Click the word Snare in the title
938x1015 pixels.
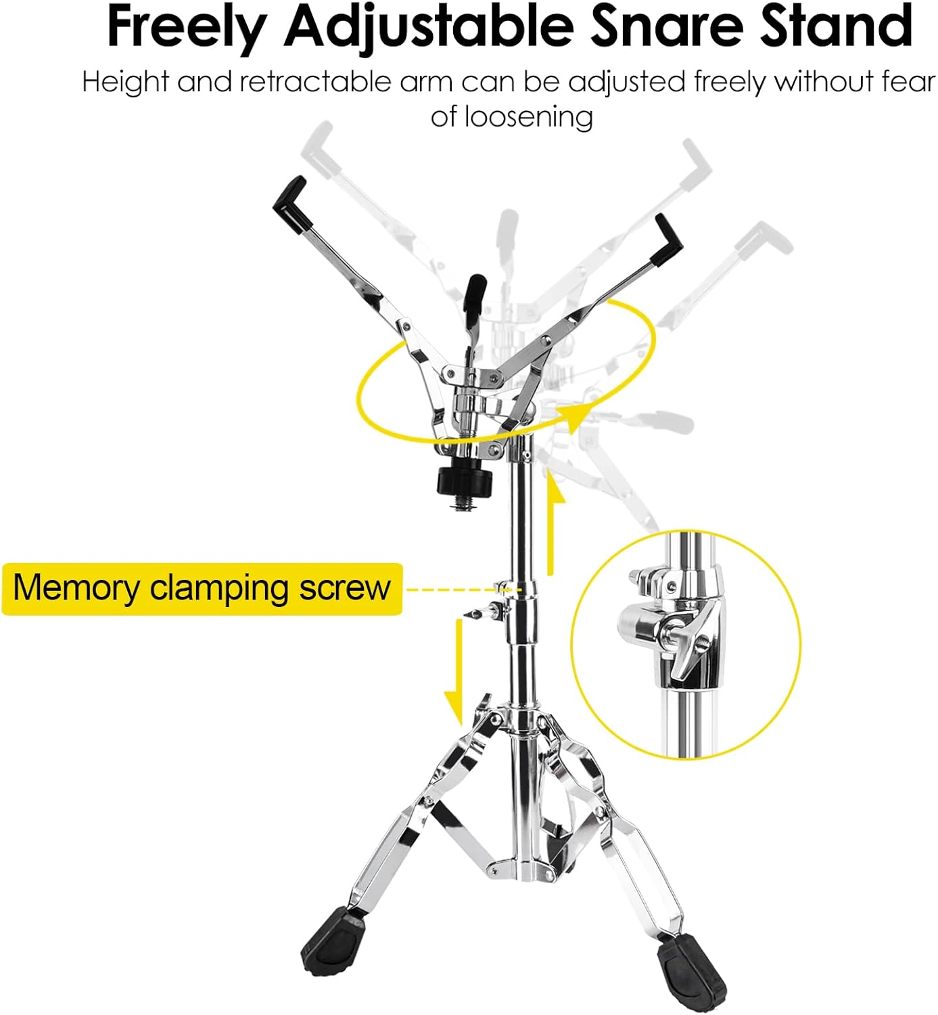pyautogui.click(x=667, y=26)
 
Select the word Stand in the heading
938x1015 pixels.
pyautogui.click(x=836, y=26)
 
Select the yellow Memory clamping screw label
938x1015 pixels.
pyautogui.click(x=202, y=589)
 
